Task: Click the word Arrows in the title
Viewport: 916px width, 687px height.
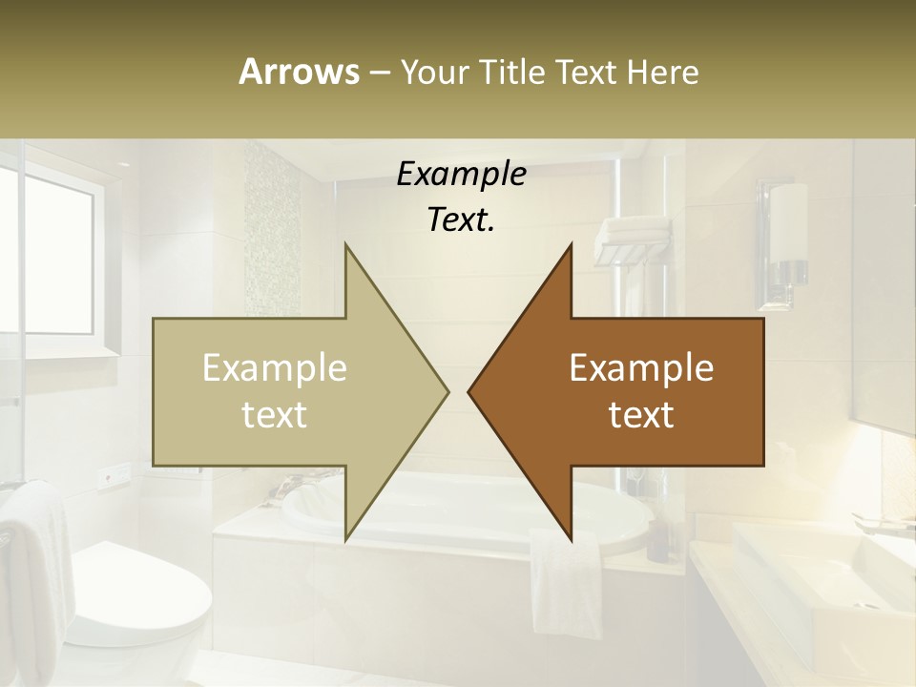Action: tap(299, 72)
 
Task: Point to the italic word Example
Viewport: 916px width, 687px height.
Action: tap(461, 174)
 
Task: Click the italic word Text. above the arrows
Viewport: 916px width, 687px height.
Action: tap(461, 220)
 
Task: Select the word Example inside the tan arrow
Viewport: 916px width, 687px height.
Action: tap(274, 368)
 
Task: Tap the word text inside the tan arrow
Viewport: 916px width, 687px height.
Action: tap(274, 415)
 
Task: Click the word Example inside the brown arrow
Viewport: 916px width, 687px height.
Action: tap(641, 368)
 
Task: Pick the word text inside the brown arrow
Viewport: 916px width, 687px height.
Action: tap(641, 415)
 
